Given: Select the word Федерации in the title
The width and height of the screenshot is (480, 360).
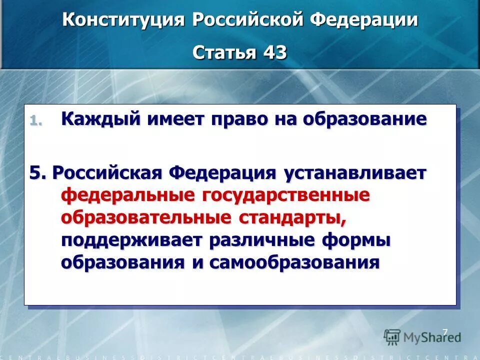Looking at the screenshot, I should tap(364, 20).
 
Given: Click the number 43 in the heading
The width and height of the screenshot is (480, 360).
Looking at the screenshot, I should tap(273, 52).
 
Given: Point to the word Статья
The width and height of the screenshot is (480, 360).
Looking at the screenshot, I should tap(223, 52).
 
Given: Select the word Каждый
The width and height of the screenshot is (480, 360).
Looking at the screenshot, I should tap(99, 119).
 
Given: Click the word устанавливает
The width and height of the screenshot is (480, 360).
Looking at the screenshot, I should tap(355, 173).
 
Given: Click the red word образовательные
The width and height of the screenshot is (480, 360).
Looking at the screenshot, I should tap(146, 217).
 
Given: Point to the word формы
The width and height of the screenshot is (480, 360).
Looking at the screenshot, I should tap(356, 240).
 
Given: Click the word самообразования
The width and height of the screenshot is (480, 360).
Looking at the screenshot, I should tap(294, 262).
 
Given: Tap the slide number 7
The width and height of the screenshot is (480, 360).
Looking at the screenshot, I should tap(444, 331).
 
